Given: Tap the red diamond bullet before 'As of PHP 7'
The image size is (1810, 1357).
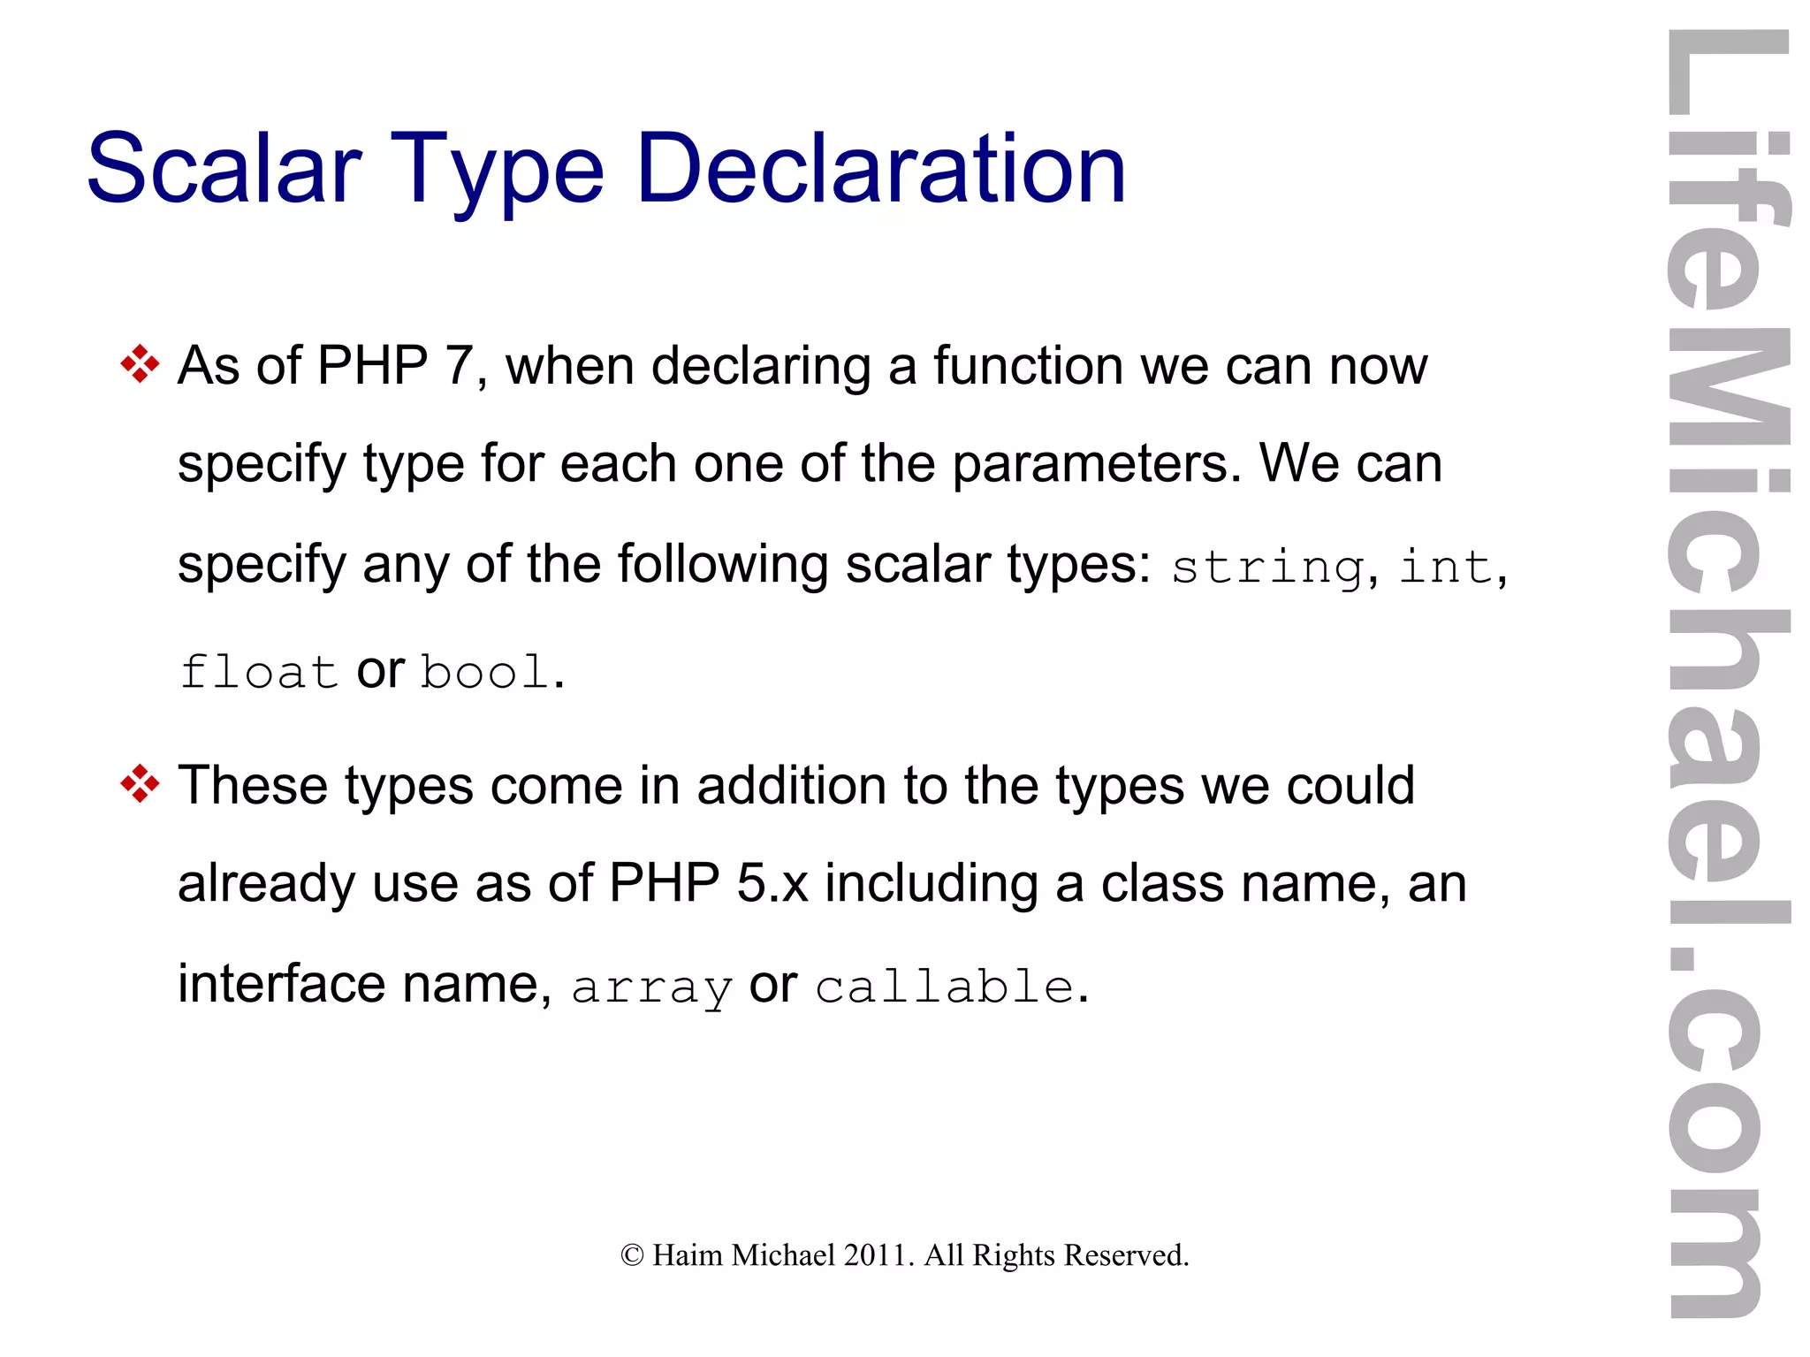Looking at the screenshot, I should tap(140, 364).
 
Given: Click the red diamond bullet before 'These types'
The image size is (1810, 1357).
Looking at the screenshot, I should tap(140, 784).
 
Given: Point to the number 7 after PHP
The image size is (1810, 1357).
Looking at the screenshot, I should tap(460, 365).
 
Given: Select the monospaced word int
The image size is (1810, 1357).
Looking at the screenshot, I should tap(1446, 566).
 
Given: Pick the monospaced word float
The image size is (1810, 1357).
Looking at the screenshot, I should tap(258, 672).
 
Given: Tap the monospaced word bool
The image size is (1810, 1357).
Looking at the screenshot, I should tap(485, 672).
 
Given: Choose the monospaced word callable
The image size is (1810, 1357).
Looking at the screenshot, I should tap(944, 986).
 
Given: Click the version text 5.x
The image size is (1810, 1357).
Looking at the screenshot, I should tap(772, 883).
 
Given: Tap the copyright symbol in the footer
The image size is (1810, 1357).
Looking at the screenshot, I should tap(632, 1255).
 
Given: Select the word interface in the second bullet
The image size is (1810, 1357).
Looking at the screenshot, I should tap(281, 983).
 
